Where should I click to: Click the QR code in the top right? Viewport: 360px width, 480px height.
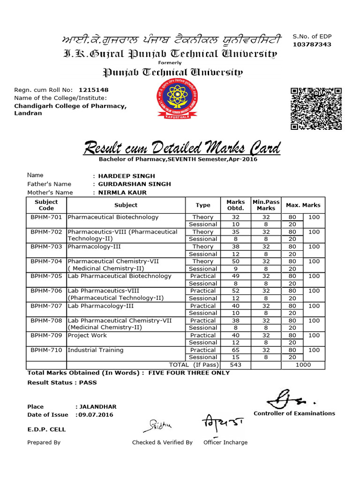315,108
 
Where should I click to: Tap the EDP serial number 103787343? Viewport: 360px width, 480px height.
312,45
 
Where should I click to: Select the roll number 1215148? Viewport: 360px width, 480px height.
94,90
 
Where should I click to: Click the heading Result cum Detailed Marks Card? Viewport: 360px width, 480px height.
182,149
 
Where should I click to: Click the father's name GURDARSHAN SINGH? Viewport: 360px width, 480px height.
134,184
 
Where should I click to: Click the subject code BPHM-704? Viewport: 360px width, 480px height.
46,261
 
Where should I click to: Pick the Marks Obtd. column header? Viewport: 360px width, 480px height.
235,205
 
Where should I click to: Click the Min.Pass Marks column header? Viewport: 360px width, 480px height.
266,205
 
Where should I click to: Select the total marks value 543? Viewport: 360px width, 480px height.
235,365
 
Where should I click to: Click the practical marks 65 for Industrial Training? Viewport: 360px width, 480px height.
235,350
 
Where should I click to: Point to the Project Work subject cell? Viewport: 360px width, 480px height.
87,336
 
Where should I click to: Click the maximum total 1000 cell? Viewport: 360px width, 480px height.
302,365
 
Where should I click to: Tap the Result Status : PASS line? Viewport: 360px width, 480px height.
62,382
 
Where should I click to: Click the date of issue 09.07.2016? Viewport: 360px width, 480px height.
96,415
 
